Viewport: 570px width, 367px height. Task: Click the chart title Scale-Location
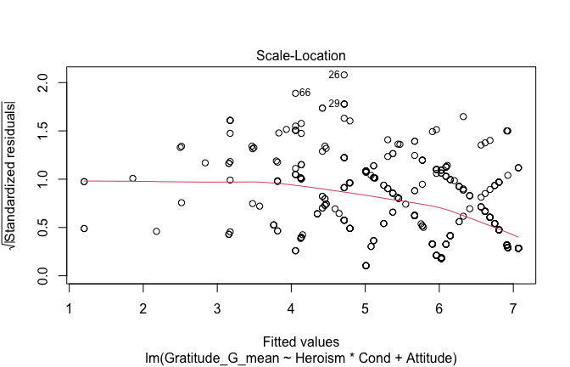302,56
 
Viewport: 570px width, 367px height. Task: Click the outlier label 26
333,75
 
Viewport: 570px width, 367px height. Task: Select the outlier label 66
305,93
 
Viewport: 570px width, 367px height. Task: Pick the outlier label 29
333,104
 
